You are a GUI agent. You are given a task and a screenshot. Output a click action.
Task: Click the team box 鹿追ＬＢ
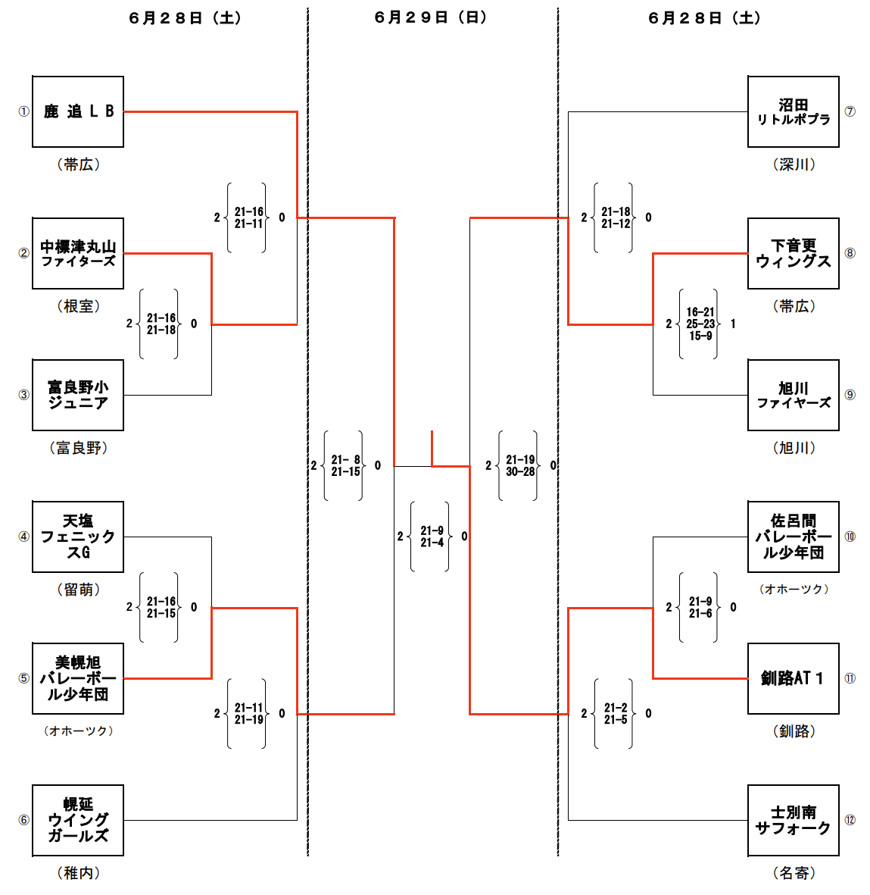pyautogui.click(x=78, y=111)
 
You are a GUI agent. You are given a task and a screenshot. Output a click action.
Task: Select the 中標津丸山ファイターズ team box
pyautogui.click(x=78, y=253)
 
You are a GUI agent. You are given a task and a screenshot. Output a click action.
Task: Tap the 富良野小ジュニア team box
pyautogui.click(x=78, y=395)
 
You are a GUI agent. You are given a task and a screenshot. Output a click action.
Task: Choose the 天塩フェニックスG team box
pyautogui.click(x=78, y=537)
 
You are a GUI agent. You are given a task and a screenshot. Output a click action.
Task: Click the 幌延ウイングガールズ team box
pyautogui.click(x=78, y=820)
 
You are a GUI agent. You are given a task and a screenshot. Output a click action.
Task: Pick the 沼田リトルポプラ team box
pyautogui.click(x=793, y=111)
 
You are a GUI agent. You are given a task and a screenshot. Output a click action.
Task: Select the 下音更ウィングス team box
pyautogui.click(x=793, y=253)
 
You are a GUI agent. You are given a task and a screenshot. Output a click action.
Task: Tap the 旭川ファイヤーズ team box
pyautogui.click(x=793, y=395)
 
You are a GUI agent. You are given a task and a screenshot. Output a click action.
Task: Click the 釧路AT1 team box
pyautogui.click(x=793, y=678)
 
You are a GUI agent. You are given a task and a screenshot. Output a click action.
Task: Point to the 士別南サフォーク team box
pyautogui.click(x=793, y=820)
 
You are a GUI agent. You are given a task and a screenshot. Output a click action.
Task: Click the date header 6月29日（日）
pyautogui.click(x=431, y=17)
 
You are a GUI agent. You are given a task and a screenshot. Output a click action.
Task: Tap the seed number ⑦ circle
pyautogui.click(x=850, y=111)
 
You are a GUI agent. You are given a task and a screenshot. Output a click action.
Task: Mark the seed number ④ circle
pyautogui.click(x=23, y=537)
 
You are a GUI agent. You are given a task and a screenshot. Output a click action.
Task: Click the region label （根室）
pyautogui.click(x=78, y=306)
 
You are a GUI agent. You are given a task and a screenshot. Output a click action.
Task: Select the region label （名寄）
pyautogui.click(x=794, y=873)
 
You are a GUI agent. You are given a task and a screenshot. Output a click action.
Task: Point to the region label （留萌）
pyautogui.click(x=78, y=590)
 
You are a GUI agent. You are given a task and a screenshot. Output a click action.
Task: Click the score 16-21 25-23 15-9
pyautogui.click(x=700, y=324)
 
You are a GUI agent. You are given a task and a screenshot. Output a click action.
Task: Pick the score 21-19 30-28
pyautogui.click(x=519, y=465)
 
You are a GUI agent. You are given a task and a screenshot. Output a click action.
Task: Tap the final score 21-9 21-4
pyautogui.click(x=432, y=537)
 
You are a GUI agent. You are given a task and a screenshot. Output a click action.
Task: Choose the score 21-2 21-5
pyautogui.click(x=615, y=713)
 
